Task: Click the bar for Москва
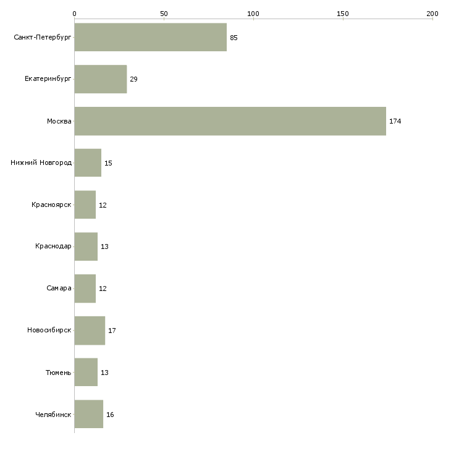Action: coord(230,121)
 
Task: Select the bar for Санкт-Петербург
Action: coord(150,38)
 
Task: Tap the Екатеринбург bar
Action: coord(100,80)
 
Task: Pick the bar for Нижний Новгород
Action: coord(88,163)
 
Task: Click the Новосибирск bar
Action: coord(90,331)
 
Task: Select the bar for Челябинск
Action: coord(88,415)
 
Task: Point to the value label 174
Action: coord(395,122)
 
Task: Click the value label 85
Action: coord(234,38)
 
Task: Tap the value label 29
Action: coord(133,80)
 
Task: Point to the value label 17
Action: coord(112,331)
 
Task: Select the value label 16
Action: coord(110,415)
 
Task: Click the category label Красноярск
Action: coord(51,205)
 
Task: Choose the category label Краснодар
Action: coord(53,247)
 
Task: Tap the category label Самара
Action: coord(59,289)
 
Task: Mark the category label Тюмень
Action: coord(58,373)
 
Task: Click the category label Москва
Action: coord(59,122)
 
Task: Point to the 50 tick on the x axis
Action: coord(164,14)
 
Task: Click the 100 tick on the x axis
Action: coord(253,14)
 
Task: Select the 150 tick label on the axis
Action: coord(343,14)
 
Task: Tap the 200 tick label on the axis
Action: coord(432,14)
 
